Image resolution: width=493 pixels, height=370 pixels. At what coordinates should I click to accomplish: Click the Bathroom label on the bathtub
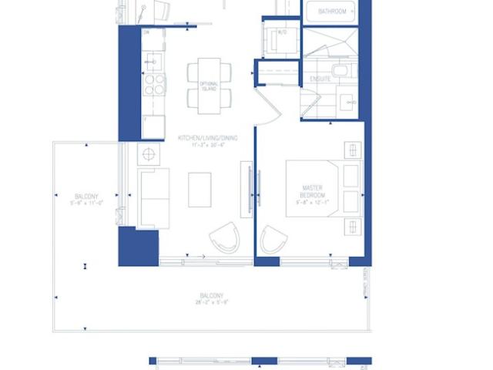coord(332,12)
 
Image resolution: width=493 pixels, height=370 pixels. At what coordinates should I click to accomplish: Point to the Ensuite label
coord(320,79)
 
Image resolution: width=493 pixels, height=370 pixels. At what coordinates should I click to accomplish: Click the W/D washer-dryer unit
coord(277,38)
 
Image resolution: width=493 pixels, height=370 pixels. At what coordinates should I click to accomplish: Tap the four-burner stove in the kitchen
coord(153,84)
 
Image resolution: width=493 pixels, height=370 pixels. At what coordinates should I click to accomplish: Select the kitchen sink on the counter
coord(153,60)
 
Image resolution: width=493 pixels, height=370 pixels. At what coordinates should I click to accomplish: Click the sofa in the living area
coord(153,198)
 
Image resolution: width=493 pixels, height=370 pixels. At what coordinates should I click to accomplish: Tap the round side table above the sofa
coord(148,154)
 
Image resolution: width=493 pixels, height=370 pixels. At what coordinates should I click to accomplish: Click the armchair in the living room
coord(225,238)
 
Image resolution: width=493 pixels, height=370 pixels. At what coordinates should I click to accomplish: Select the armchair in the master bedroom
coord(273,240)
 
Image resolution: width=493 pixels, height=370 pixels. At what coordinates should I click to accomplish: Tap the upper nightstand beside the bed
coord(353,149)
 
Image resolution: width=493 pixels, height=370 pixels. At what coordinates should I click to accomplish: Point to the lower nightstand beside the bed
coord(353,227)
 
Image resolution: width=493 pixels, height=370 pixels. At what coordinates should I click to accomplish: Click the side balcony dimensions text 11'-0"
coord(86,203)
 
